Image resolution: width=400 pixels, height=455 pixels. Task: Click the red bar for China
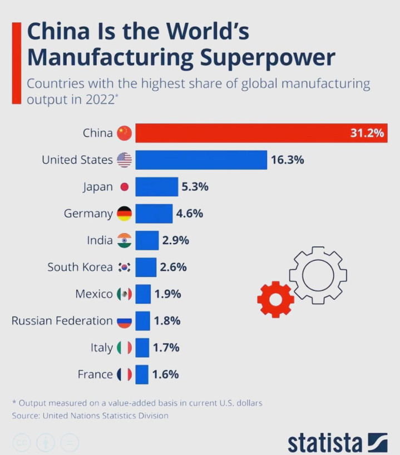[x=245, y=133]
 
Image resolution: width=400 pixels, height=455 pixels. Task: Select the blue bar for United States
[x=201, y=160]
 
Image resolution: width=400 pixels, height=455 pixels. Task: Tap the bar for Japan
[x=156, y=187]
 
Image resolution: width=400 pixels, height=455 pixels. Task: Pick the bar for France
[x=142, y=374]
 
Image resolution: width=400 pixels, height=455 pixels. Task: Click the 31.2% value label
[x=367, y=133]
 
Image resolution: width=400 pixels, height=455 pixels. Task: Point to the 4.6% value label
[x=190, y=214]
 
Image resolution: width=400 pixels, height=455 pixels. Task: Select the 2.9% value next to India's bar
[x=176, y=240]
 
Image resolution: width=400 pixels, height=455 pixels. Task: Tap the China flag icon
[x=124, y=133]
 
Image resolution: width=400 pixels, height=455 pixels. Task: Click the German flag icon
[x=124, y=214]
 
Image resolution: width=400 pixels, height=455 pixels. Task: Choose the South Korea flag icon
[x=124, y=268]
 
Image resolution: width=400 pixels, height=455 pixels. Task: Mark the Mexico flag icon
[x=124, y=294]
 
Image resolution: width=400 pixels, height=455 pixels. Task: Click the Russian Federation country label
[x=62, y=320]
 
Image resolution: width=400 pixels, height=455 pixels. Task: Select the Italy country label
[x=101, y=348]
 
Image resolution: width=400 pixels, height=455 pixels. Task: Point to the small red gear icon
[x=275, y=299]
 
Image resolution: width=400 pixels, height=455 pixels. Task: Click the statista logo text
[x=325, y=443]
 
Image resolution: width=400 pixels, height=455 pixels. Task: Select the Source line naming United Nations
[x=90, y=416]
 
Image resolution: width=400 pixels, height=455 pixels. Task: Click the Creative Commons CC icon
[x=22, y=443]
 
